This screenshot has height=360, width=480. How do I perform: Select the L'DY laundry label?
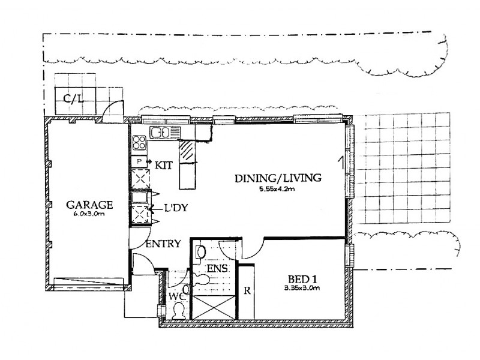click(176, 208)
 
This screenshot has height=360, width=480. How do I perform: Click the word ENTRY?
click(163, 244)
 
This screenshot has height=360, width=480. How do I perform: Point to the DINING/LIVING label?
click(278, 178)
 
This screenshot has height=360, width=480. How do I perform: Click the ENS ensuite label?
click(217, 268)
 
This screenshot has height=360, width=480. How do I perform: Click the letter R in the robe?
click(247, 293)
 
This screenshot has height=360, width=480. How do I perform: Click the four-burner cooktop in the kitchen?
click(140, 143)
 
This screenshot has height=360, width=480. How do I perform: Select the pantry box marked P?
click(139, 161)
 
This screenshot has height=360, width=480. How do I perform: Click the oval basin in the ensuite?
click(202, 251)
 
